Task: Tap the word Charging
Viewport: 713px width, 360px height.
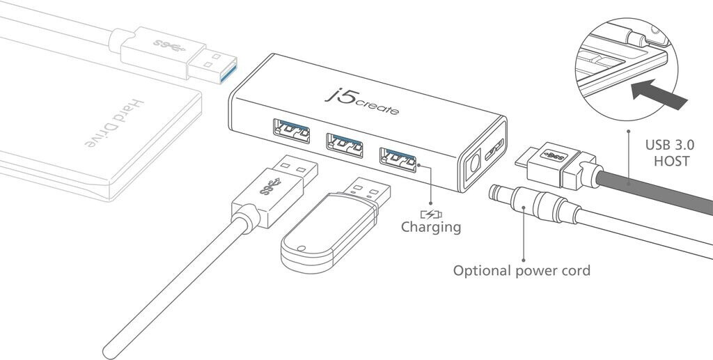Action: click(431, 226)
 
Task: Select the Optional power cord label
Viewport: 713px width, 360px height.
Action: click(522, 270)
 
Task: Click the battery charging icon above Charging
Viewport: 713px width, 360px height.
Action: click(431, 213)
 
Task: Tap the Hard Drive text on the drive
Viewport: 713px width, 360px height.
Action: click(112, 124)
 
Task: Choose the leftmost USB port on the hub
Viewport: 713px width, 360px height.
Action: click(292, 131)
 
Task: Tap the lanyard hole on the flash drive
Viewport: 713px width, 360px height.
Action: click(300, 246)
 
